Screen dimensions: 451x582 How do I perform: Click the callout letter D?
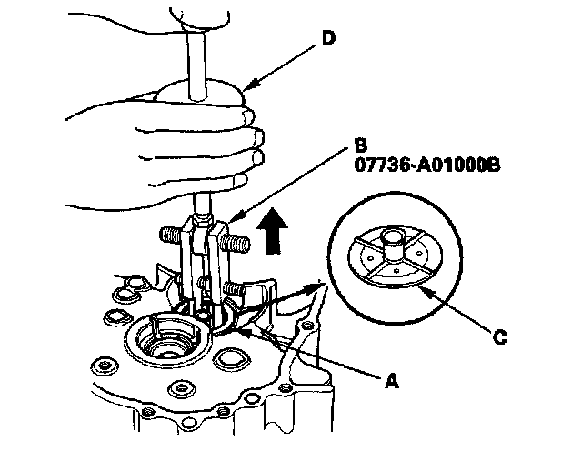coord(328,38)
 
